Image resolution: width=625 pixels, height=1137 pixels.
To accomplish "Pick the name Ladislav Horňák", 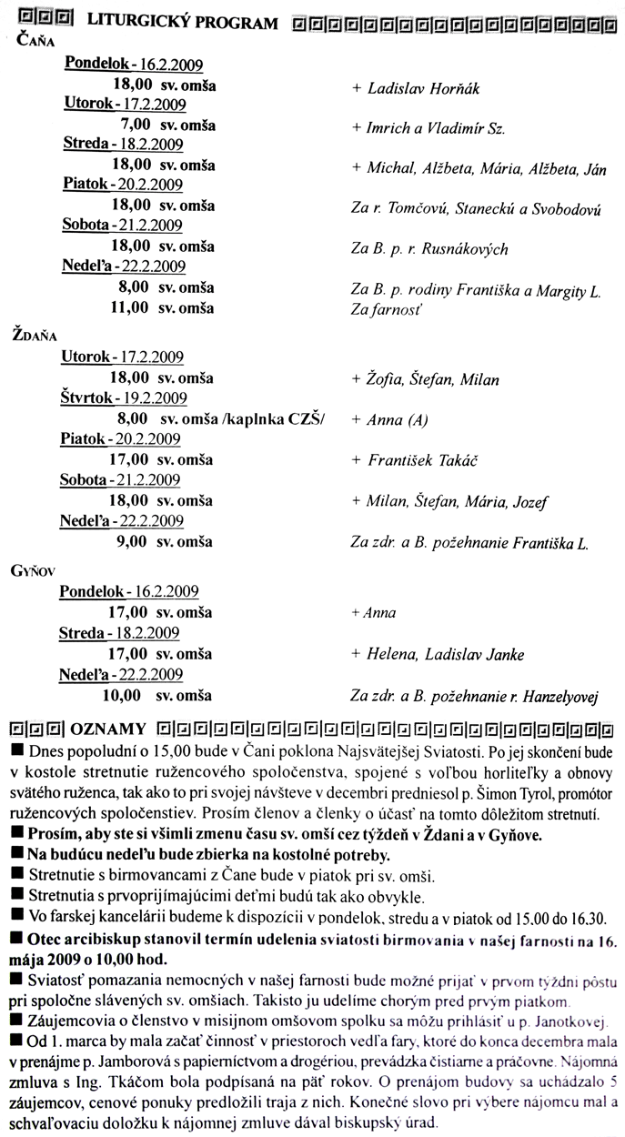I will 422,89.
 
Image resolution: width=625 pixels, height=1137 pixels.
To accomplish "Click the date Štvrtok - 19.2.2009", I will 123,398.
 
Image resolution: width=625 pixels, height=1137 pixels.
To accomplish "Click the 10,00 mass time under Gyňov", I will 122,696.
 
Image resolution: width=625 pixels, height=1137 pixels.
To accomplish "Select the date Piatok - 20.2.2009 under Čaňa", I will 123,185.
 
